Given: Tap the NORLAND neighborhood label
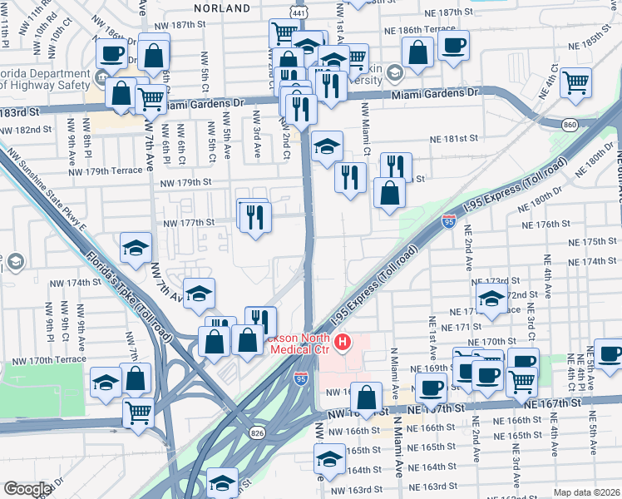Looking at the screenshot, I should pyautogui.click(x=222, y=7).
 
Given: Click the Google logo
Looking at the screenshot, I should pyautogui.click(x=27, y=489).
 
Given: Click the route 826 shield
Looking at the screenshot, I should pyautogui.click(x=257, y=432).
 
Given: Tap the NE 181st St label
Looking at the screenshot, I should pyautogui.click(x=453, y=139).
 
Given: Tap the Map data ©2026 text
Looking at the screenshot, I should pyautogui.click(x=587, y=492).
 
